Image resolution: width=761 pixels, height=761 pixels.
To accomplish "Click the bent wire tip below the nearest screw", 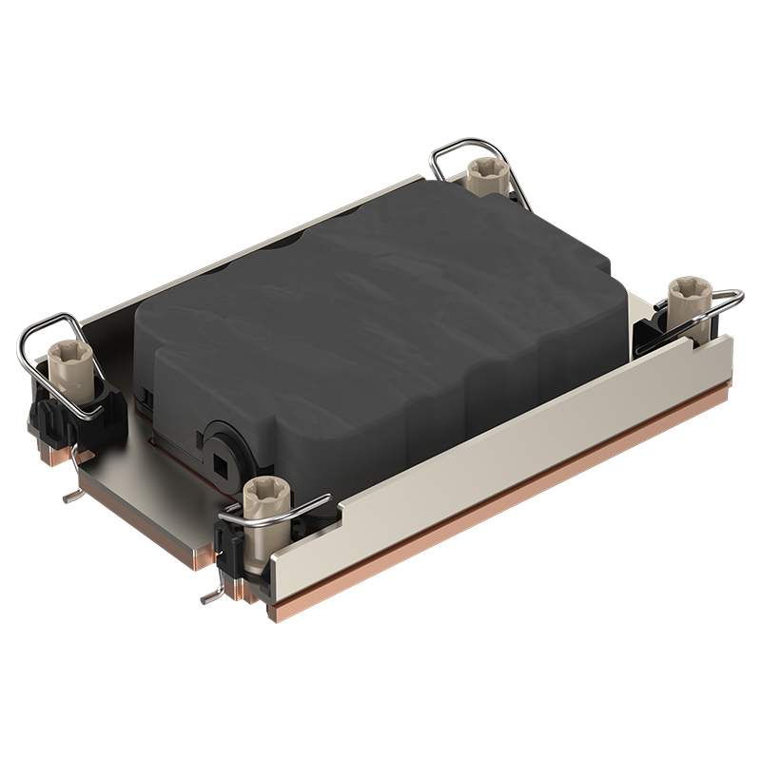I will (210, 600).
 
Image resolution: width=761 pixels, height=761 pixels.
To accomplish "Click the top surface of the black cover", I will (380, 285).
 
